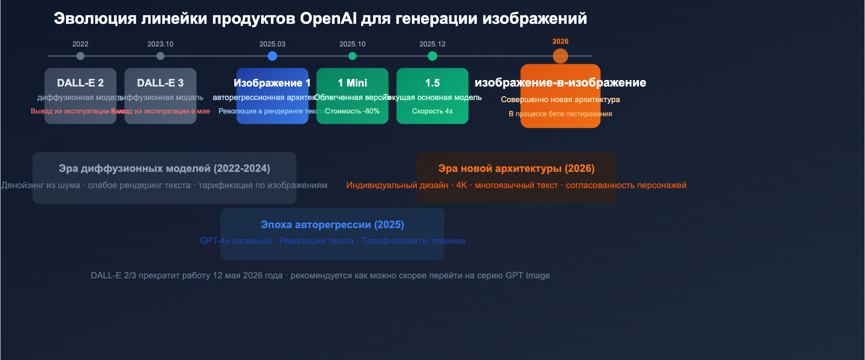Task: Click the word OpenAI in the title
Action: pos(328,18)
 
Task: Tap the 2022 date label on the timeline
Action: pos(81,44)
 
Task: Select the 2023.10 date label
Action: pos(161,44)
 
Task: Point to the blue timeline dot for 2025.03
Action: pos(272,56)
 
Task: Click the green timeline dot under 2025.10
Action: pos(352,56)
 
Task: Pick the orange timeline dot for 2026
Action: pos(561,56)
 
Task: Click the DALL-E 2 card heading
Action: pos(81,83)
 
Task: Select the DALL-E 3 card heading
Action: pos(161,83)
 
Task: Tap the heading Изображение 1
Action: pos(272,83)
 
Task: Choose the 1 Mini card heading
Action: pos(352,83)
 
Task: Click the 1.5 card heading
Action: pos(432,83)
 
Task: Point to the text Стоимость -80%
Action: pos(352,111)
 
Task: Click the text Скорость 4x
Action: pos(432,111)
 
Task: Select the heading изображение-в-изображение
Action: pos(561,83)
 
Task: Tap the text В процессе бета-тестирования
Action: pos(561,114)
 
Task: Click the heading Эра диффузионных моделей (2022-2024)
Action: pos(164,168)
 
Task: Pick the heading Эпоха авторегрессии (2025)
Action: pos(332,224)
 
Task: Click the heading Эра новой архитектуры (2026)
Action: pos(516,168)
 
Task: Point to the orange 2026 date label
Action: pos(561,41)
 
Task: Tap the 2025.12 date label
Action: pos(432,44)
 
